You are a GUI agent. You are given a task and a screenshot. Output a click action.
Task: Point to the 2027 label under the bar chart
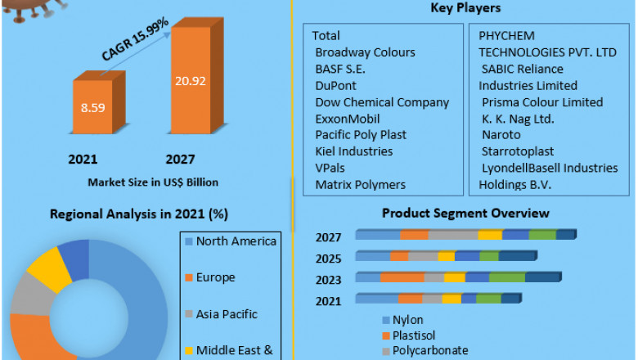point(180,159)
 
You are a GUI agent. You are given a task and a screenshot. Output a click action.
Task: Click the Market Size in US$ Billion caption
point(153,182)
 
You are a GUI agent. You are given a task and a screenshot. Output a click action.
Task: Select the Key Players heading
point(465,8)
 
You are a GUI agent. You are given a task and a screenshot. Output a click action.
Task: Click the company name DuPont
point(335,85)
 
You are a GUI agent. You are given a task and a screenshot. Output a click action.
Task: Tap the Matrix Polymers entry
point(360,185)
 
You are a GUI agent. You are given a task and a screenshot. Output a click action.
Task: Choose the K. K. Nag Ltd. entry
point(518,119)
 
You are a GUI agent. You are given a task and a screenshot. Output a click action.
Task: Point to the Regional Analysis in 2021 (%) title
point(139,214)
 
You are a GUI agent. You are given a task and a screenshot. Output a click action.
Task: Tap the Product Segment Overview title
point(465,214)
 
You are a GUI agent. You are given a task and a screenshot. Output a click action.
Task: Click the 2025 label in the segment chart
point(329,259)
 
